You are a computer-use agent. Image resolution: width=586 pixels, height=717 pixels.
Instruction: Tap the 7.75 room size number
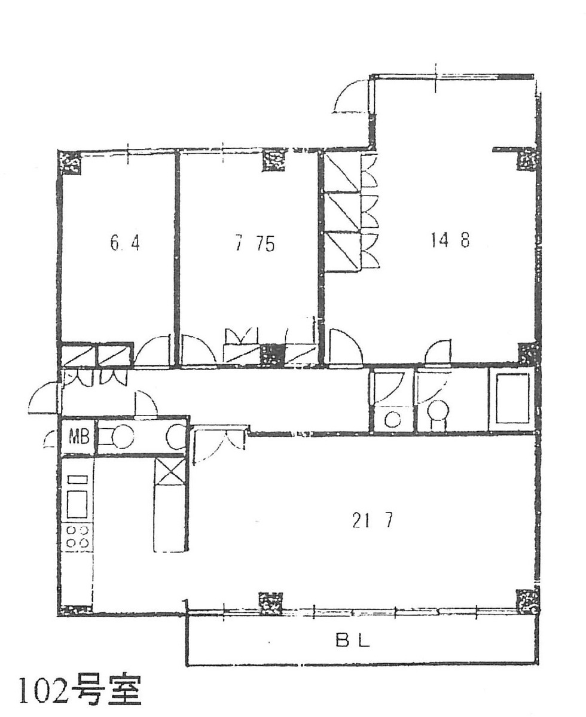click(x=255, y=244)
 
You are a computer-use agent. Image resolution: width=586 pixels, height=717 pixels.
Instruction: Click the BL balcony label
click(x=352, y=642)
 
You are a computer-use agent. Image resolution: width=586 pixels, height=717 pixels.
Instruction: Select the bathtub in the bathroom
click(x=512, y=398)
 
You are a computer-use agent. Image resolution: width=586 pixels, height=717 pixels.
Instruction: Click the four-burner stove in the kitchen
click(x=78, y=536)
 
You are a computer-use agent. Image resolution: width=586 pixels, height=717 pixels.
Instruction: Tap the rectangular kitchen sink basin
click(x=77, y=504)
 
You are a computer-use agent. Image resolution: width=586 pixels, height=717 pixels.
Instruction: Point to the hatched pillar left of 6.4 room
click(x=69, y=162)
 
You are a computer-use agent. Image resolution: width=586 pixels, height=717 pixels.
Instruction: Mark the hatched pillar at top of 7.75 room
click(x=275, y=160)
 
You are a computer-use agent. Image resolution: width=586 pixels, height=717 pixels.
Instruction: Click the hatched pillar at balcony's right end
click(x=527, y=600)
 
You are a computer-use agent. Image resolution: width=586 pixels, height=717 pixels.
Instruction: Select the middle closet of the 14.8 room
click(x=343, y=212)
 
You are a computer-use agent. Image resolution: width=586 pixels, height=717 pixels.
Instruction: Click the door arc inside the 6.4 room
click(x=153, y=352)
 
